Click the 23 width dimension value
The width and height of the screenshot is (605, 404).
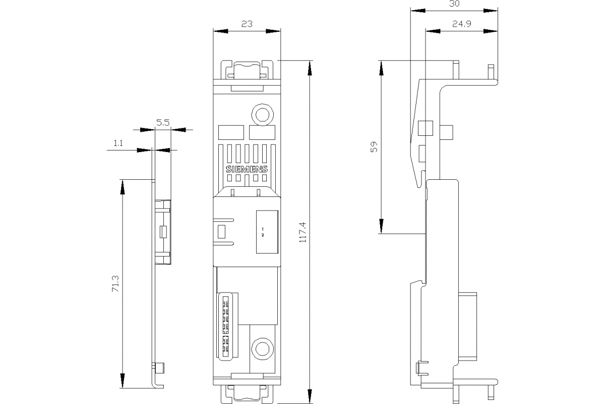pyautogui.click(x=247, y=23)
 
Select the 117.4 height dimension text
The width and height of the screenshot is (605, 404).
pyautogui.click(x=302, y=233)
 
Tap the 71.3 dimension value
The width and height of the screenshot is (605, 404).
pyautogui.click(x=115, y=284)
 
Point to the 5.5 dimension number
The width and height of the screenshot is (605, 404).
pyautogui.click(x=162, y=122)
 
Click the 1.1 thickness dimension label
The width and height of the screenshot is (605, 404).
pyautogui.click(x=117, y=143)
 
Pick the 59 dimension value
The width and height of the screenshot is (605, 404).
pyautogui.click(x=374, y=147)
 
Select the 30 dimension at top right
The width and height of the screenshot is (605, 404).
pyautogui.click(x=454, y=4)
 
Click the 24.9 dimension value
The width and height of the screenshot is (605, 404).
pyautogui.click(x=461, y=24)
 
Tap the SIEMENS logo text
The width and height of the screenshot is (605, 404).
pyautogui.click(x=247, y=170)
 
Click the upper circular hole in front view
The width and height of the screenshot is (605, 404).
pyautogui.click(x=262, y=115)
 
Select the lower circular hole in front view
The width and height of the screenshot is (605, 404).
pyautogui.click(x=262, y=348)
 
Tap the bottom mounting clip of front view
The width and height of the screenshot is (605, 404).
pyautogui.click(x=247, y=393)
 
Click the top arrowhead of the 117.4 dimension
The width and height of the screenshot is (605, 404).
pyautogui.click(x=310, y=66)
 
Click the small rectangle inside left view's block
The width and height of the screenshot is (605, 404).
pyautogui.click(x=162, y=232)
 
